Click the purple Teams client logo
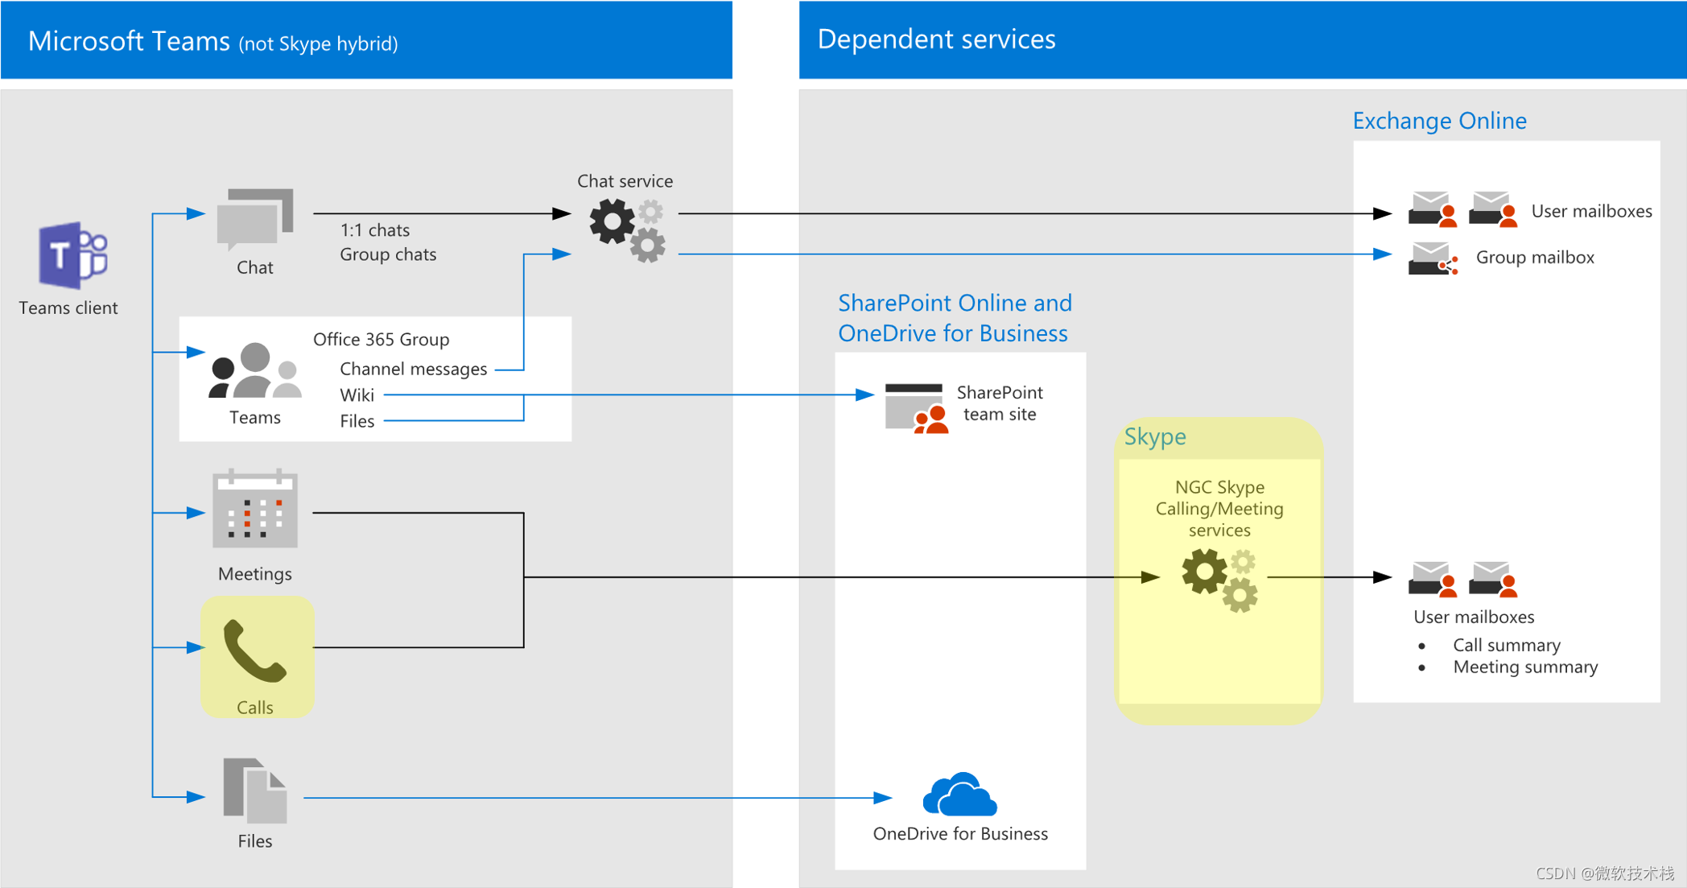(72, 255)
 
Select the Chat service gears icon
(627, 230)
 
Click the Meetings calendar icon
(254, 510)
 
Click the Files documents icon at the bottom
(254, 791)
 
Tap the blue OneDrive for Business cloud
(959, 795)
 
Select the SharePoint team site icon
(916, 408)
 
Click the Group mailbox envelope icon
(1432, 258)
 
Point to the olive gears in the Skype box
(1219, 580)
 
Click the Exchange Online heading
(1439, 121)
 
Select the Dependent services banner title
(936, 39)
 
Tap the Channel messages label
(413, 369)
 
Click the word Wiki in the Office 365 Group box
(357, 395)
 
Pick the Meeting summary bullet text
(1524, 667)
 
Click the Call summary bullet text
(1506, 645)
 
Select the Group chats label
(388, 254)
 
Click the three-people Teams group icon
(254, 371)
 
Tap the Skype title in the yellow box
(1154, 436)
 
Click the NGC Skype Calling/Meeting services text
(1219, 508)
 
